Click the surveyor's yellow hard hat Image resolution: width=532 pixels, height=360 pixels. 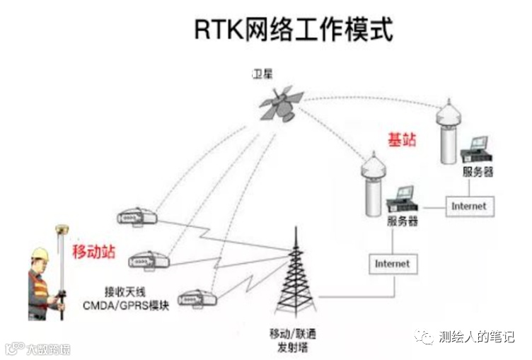click(40, 253)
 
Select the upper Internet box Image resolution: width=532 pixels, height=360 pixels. click(469, 206)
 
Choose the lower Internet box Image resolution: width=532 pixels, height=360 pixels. click(392, 264)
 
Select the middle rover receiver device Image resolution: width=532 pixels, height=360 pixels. click(148, 260)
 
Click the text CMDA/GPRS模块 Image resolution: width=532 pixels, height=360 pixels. click(137, 306)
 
